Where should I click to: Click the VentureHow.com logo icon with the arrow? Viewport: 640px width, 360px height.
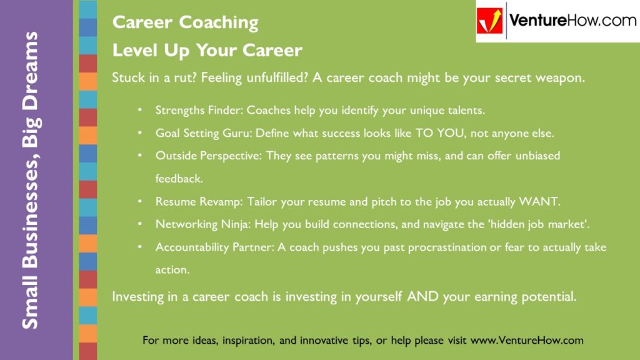click(491, 21)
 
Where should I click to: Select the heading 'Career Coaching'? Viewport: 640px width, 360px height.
click(185, 23)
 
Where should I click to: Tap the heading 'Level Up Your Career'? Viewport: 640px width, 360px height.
click(207, 50)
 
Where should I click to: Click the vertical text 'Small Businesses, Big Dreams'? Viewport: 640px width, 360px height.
click(30, 180)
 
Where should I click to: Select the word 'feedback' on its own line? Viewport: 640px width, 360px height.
click(179, 179)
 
